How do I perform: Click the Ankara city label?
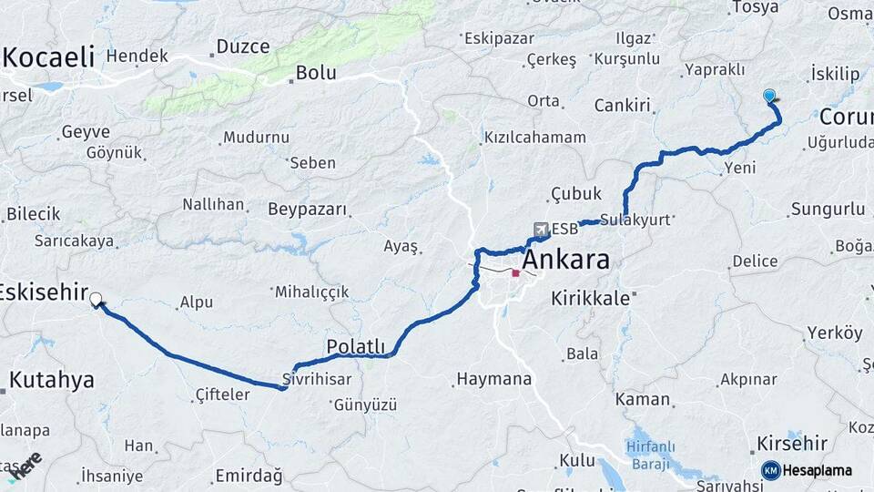pyautogui.click(x=565, y=260)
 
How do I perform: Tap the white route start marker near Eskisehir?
pyautogui.click(x=96, y=298)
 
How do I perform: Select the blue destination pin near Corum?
pyautogui.click(x=769, y=96)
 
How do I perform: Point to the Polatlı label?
pyautogui.click(x=356, y=347)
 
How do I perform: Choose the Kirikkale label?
pyautogui.click(x=591, y=298)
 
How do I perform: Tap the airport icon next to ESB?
pyautogui.click(x=543, y=228)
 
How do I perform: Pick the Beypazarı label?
pyautogui.click(x=308, y=210)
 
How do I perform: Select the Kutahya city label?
pyautogui.click(x=52, y=380)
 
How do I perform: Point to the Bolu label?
pyautogui.click(x=317, y=73)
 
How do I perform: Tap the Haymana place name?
pyautogui.click(x=493, y=378)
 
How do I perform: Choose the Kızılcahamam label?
pyautogui.click(x=534, y=137)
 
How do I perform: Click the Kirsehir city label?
pyautogui.click(x=791, y=444)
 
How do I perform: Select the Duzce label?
pyautogui.click(x=243, y=46)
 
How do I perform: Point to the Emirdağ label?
pyautogui.click(x=249, y=476)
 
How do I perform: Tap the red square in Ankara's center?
pyautogui.click(x=516, y=272)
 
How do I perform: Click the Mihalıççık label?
pyautogui.click(x=311, y=292)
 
